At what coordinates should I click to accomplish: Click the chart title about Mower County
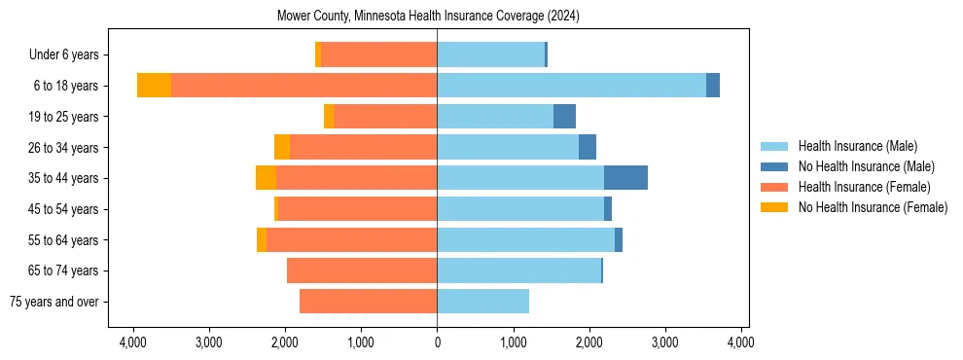428,16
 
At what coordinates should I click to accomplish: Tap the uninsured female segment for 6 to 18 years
154,86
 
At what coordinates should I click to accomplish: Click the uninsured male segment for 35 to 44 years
625,178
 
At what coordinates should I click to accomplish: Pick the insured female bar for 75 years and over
368,302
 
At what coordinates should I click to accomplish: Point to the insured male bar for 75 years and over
482,302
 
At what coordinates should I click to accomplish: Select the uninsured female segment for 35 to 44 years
266,178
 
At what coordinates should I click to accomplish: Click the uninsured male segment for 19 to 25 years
564,117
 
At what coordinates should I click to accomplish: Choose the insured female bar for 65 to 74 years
362,270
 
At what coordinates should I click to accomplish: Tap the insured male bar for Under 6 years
490,55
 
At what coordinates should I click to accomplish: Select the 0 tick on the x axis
437,342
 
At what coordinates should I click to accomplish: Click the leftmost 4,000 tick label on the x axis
132,342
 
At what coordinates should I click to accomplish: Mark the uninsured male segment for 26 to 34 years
588,148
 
